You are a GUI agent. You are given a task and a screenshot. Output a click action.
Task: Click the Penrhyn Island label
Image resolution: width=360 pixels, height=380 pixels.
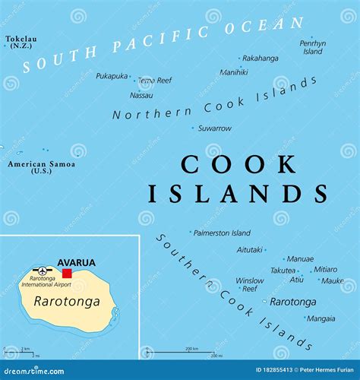coord(311,47)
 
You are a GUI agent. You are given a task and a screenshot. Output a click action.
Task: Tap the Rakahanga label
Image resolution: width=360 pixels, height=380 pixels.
coord(260,58)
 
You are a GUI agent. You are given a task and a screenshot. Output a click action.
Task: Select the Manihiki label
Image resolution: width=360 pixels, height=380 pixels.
coord(233,72)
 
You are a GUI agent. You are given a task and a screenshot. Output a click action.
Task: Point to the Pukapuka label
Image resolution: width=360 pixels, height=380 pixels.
coord(112,76)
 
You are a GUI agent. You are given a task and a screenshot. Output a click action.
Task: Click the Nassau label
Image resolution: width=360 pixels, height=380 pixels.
coord(141,95)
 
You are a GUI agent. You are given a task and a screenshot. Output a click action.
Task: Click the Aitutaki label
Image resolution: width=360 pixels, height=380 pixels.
coord(250,249)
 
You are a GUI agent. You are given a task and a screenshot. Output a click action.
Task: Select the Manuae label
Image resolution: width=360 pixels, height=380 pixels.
coord(301,259)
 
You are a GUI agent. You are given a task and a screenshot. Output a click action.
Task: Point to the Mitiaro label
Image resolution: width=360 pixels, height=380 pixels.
coord(325,269)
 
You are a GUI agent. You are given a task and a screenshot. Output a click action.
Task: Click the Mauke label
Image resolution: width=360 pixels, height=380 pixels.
coord(332,280)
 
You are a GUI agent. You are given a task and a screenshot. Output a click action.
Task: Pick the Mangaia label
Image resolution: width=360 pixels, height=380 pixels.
coord(320,318)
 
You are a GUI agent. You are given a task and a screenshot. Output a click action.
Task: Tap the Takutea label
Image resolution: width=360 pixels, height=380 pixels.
coord(283,270)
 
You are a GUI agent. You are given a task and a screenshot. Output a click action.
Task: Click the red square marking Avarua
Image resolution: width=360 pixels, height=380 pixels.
coord(68,273)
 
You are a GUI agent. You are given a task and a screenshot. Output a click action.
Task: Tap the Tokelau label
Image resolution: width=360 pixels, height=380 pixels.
coord(20,38)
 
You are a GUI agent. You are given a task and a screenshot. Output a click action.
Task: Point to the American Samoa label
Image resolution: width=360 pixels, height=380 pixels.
coord(42,164)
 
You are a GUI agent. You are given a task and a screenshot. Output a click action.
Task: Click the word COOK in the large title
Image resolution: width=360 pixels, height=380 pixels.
coord(238,163)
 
